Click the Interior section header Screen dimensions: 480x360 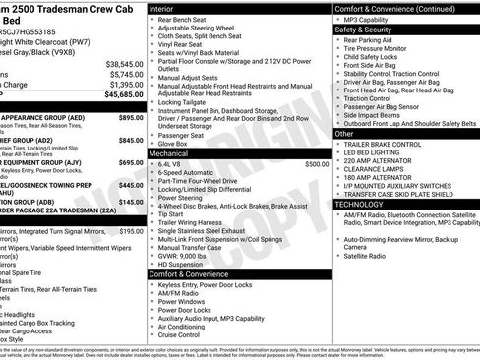161,8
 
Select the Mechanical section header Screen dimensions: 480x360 168,154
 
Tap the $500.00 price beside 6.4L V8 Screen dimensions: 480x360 317,164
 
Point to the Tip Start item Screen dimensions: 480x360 170,214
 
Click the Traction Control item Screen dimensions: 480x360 369,98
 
